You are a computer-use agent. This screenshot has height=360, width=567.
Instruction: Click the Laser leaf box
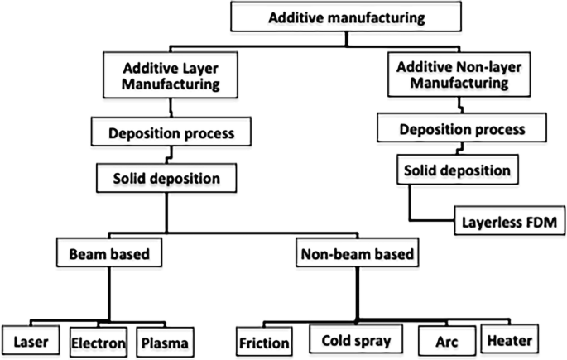(31, 340)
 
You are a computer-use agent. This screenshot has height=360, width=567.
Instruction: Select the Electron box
(98, 340)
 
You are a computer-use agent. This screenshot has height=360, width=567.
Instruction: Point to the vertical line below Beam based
(108, 294)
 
